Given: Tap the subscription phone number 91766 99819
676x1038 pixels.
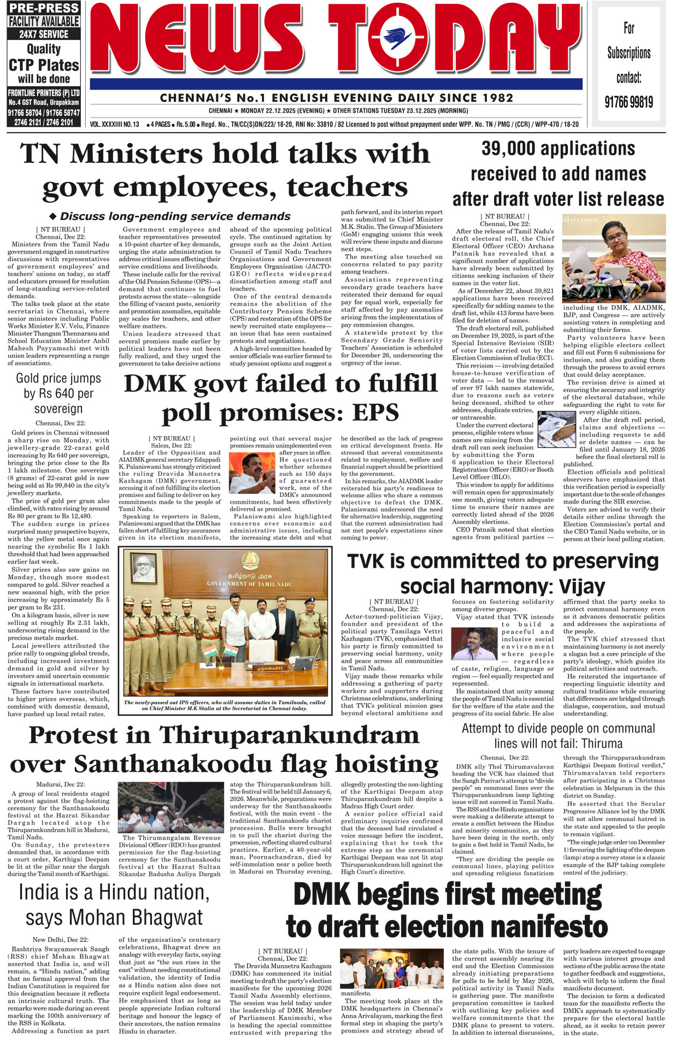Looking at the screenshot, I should (x=628, y=102).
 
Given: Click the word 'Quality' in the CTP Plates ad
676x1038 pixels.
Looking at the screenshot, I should (x=44, y=49).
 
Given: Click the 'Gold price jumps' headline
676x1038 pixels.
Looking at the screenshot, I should (x=58, y=378).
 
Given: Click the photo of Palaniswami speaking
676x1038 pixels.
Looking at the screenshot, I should (x=251, y=473).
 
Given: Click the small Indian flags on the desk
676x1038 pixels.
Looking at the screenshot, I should (x=218, y=652).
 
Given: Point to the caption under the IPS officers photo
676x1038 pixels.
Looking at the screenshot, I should (x=224, y=705).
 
